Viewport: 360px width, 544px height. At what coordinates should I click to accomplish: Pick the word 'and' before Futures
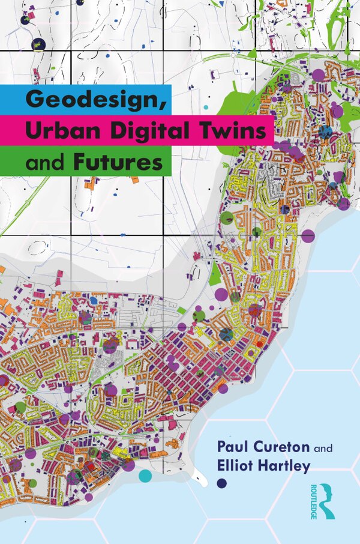[46, 162]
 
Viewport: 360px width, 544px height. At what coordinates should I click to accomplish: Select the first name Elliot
[239, 467]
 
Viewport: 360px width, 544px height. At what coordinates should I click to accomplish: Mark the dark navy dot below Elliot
[221, 483]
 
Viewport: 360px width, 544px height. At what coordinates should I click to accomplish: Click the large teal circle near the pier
[145, 476]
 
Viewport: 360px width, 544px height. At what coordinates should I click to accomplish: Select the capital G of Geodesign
[34, 98]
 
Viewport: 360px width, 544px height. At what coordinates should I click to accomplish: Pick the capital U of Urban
[34, 130]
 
